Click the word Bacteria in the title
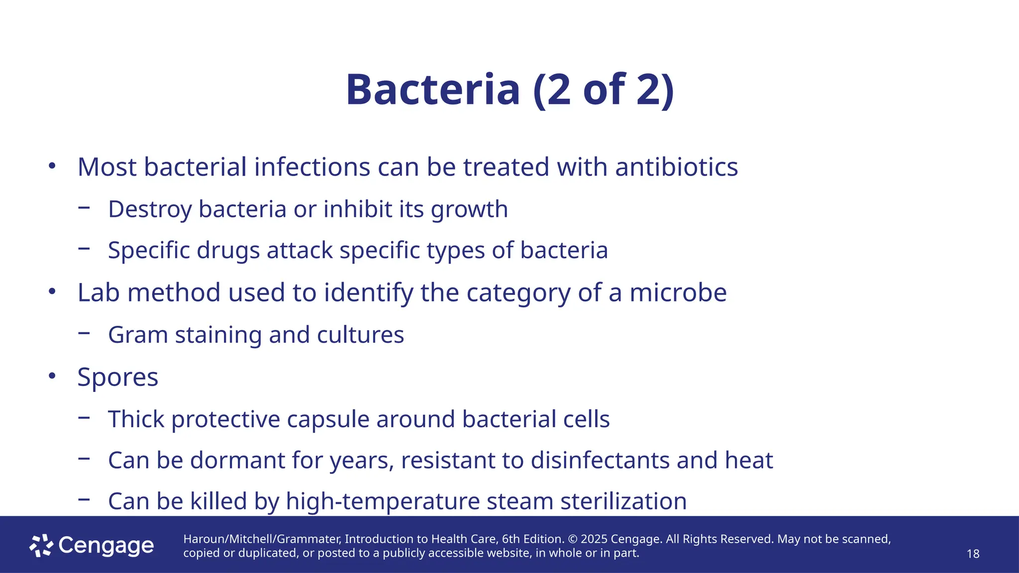click(433, 90)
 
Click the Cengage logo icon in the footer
click(41, 546)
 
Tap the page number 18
click(973, 554)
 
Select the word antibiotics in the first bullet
click(676, 167)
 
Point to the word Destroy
click(150, 209)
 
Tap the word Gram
click(138, 335)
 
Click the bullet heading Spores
click(118, 378)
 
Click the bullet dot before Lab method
click(52, 292)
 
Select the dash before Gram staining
click(84, 333)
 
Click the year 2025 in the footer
click(594, 539)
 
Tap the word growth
click(469, 209)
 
